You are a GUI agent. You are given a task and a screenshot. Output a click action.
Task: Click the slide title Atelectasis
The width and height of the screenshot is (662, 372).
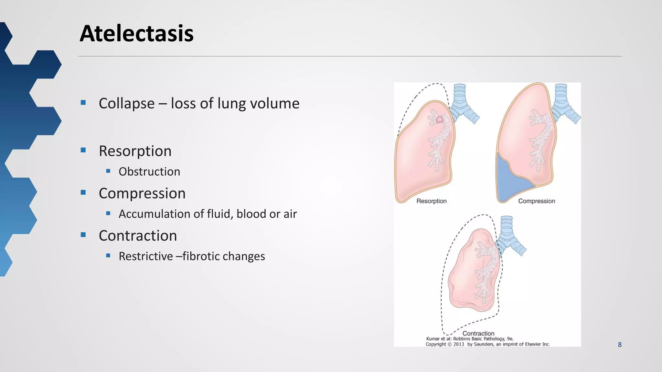(x=136, y=34)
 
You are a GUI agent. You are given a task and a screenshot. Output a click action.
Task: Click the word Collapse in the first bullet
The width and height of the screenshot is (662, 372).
(x=126, y=104)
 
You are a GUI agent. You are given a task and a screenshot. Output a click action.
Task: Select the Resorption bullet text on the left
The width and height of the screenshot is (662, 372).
(x=135, y=151)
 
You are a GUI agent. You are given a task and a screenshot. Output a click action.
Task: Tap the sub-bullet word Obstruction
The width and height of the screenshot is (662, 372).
(x=149, y=172)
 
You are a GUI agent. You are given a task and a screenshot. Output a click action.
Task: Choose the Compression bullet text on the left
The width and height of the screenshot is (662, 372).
(x=142, y=193)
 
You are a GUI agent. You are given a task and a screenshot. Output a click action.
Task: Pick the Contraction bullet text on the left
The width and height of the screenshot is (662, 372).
(x=138, y=236)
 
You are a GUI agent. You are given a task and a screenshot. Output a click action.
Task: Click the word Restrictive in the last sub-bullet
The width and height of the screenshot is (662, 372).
(x=145, y=256)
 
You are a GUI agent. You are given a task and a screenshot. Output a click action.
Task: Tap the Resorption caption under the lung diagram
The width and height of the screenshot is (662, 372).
(x=431, y=201)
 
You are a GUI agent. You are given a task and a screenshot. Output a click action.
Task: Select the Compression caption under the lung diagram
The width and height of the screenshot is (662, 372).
(x=536, y=201)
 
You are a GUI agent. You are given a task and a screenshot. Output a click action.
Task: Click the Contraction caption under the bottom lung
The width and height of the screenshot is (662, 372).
(x=478, y=333)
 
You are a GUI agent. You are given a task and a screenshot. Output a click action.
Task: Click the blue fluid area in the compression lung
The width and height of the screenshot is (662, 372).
(x=509, y=184)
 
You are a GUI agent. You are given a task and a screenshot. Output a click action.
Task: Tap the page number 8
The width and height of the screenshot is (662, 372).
(x=620, y=345)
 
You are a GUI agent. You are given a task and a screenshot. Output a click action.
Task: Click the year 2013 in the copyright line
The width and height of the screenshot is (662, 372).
(x=458, y=344)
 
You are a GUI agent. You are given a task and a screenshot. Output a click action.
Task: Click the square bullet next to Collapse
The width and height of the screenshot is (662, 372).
(x=83, y=103)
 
